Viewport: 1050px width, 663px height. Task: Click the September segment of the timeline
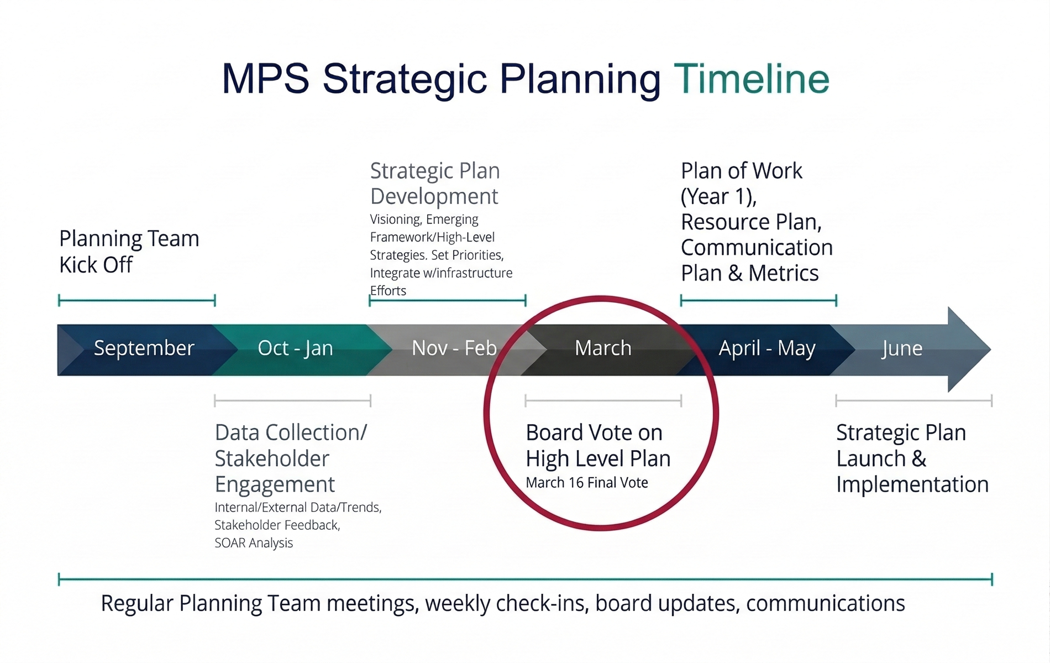pyautogui.click(x=144, y=348)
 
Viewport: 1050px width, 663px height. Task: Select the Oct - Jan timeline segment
pyautogui.click(x=295, y=348)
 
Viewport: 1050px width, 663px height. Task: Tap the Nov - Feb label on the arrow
pyautogui.click(x=454, y=348)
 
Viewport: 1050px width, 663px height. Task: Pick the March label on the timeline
pyautogui.click(x=602, y=348)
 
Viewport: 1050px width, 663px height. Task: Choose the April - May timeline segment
pyautogui.click(x=767, y=348)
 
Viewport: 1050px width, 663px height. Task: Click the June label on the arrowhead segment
pyautogui.click(x=901, y=349)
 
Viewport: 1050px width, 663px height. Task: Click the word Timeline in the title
pyautogui.click(x=751, y=79)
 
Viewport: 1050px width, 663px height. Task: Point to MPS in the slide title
pyautogui.click(x=265, y=79)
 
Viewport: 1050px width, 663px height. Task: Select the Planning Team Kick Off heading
pyautogui.click(x=129, y=252)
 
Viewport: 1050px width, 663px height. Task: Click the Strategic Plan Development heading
pyautogui.click(x=435, y=184)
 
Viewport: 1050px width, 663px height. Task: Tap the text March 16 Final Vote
pyautogui.click(x=586, y=483)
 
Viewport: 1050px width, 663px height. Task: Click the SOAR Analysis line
pyautogui.click(x=254, y=543)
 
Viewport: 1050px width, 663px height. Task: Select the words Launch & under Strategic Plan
pyautogui.click(x=881, y=458)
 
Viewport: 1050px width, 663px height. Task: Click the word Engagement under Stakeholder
pyautogui.click(x=275, y=484)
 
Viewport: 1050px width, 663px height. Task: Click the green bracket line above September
pyautogui.click(x=136, y=301)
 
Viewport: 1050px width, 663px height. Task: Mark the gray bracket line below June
pyautogui.click(x=914, y=400)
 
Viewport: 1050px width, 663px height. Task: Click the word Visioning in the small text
pyautogui.click(x=395, y=220)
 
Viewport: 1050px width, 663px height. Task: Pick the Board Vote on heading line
pyautogui.click(x=594, y=432)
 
